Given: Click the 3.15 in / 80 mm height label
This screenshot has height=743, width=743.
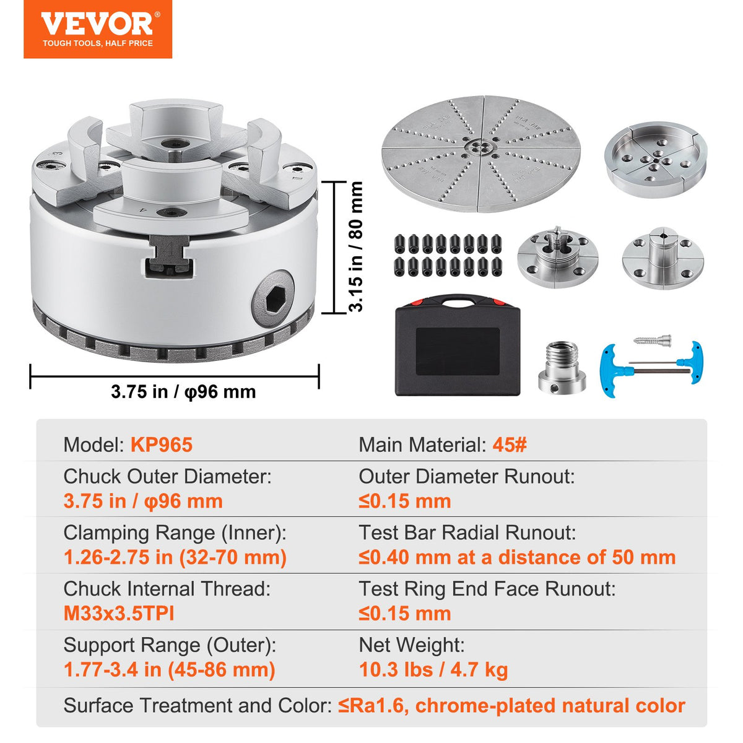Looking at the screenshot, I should point(356,246).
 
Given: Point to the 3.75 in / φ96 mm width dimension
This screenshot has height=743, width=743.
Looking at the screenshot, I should point(183,392).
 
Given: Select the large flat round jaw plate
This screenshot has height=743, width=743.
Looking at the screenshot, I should point(480,153).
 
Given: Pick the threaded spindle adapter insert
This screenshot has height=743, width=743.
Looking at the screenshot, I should point(562,367).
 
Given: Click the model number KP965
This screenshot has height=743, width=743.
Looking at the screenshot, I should point(161,445).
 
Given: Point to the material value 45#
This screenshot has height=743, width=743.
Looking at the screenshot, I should point(510,445).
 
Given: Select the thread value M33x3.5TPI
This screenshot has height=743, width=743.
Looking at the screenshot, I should point(119,614).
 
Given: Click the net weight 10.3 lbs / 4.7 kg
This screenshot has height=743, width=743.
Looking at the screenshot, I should point(433,669).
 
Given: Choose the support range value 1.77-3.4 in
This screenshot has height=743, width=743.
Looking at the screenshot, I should point(169,669).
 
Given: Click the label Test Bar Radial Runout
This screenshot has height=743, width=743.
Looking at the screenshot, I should point(467,532).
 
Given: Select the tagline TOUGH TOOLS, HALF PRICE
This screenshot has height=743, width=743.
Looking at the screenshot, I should point(98,43).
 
